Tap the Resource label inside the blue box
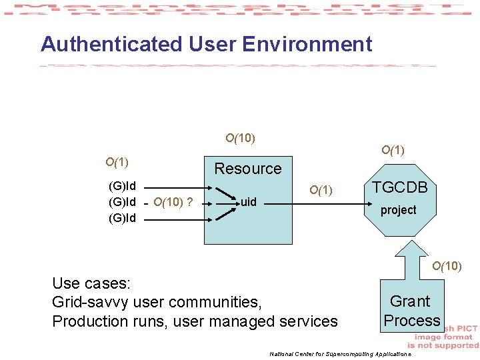(x=247, y=169)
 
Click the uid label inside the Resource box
(x=248, y=201)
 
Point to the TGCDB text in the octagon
(x=399, y=187)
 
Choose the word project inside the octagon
(x=398, y=210)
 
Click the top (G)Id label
(x=122, y=185)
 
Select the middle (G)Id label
(x=122, y=201)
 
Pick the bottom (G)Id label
(x=122, y=218)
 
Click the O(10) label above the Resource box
(x=240, y=139)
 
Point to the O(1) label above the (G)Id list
(x=117, y=162)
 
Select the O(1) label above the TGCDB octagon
(x=393, y=151)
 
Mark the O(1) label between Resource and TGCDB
(x=321, y=191)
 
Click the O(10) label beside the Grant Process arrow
(x=447, y=267)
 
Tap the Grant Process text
(x=411, y=311)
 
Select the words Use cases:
(x=91, y=283)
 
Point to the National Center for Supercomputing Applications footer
(x=340, y=353)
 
